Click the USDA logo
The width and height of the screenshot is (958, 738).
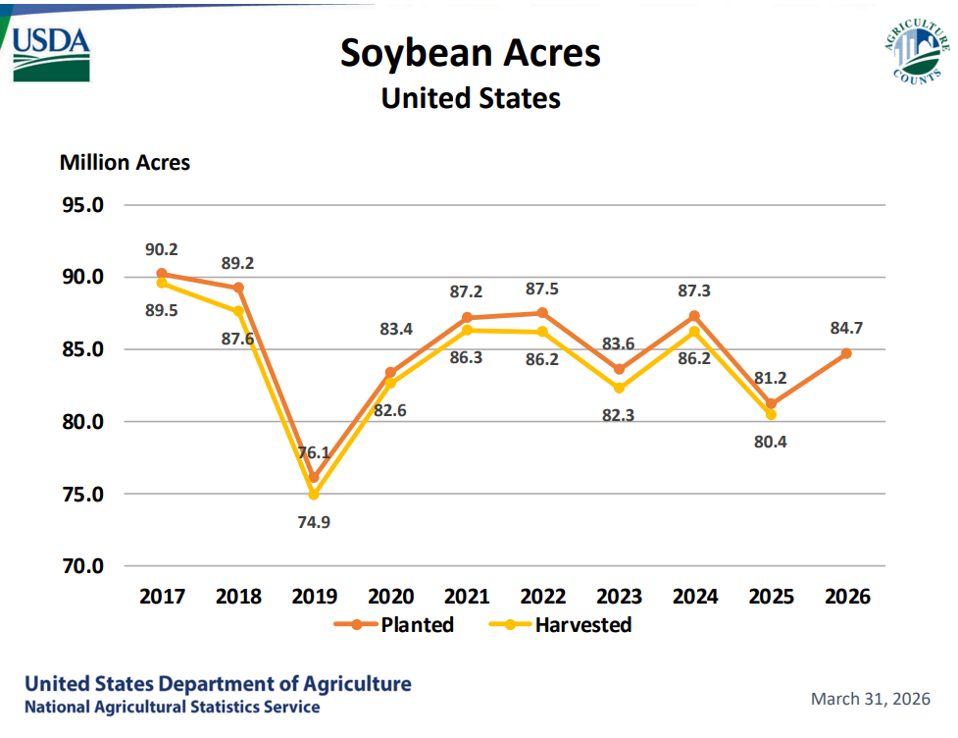51,53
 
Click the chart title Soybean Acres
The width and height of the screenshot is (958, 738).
471,53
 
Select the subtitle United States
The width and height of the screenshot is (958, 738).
471,99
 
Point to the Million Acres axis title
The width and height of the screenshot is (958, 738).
125,162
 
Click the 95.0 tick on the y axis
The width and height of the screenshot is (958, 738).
83,205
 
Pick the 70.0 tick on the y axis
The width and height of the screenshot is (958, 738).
83,566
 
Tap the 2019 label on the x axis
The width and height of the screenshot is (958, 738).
314,596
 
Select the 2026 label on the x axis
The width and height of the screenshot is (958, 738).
846,596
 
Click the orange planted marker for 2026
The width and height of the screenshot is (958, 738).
846,353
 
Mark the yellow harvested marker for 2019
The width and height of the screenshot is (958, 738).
314,495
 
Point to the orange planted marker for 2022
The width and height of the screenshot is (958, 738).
542,313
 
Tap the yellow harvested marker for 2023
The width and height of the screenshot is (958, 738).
619,388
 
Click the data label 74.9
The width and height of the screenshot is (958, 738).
314,521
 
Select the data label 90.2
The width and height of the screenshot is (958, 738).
161,249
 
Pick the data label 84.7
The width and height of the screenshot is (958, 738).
846,328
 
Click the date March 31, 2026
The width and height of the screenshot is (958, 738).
870,699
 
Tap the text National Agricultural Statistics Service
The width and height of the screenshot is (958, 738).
172,707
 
